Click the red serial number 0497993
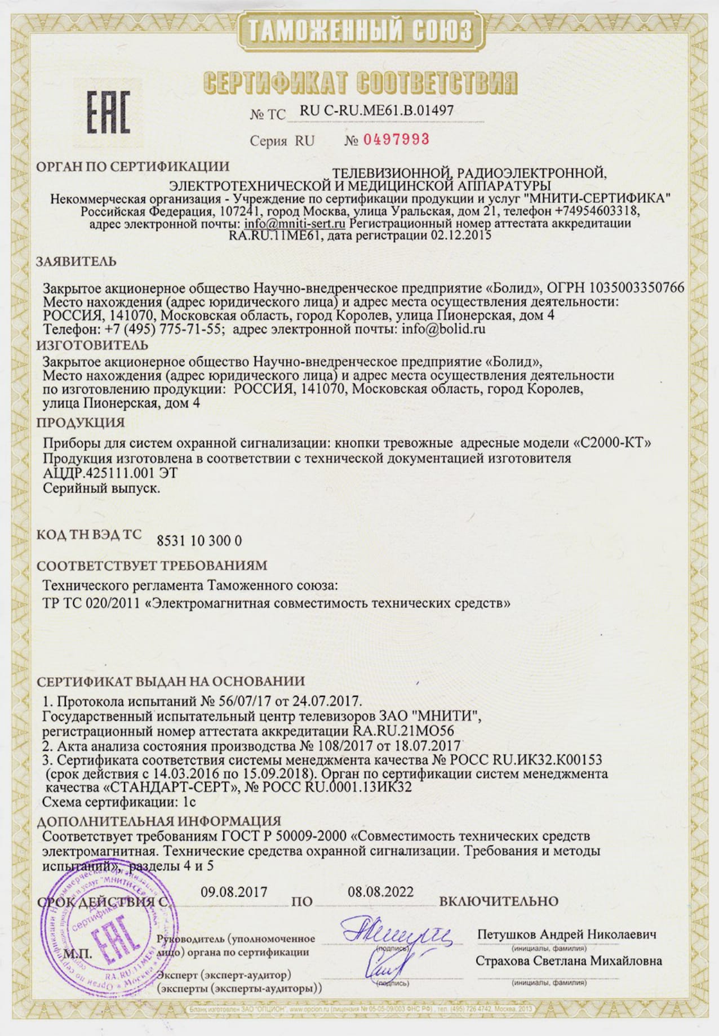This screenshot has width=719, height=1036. click(x=396, y=139)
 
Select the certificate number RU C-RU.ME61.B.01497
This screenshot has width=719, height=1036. click(x=376, y=110)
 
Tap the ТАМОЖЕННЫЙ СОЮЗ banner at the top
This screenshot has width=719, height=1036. click(x=359, y=29)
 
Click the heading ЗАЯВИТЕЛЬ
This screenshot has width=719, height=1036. click(x=77, y=261)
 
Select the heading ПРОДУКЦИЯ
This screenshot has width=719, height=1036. click(x=81, y=422)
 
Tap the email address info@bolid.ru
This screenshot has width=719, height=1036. click(x=443, y=329)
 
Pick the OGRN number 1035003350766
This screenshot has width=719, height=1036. click(x=637, y=287)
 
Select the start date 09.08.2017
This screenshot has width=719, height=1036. click(x=234, y=892)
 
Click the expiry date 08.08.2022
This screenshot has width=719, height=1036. click(x=380, y=892)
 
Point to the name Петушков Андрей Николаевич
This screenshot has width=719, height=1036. click(x=567, y=934)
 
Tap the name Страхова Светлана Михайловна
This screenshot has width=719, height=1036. click(x=569, y=961)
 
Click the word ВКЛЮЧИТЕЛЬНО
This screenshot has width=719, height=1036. click(x=499, y=901)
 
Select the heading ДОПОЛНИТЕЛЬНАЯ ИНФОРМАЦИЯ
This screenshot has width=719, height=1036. click(x=159, y=821)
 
